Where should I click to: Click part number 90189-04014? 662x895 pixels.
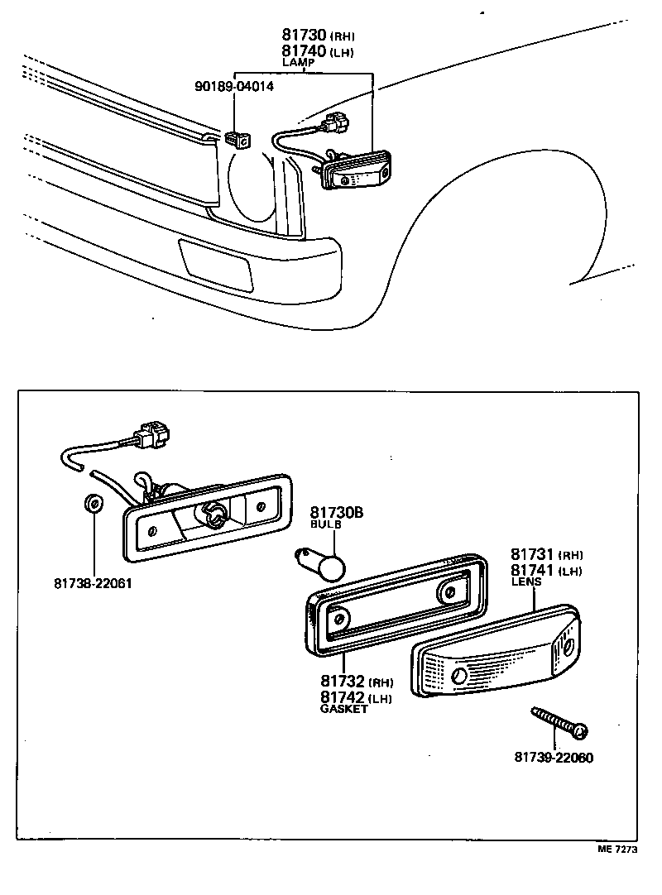pos(233,85)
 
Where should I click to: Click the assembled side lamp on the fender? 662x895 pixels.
pos(356,171)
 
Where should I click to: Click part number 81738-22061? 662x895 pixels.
pos(94,583)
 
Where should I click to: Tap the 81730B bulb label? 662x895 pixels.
pos(337,513)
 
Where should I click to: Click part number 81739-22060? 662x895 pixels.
pos(553,757)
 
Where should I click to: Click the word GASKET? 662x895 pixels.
pos(343,709)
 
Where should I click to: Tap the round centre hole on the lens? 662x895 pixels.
pos(459,676)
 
